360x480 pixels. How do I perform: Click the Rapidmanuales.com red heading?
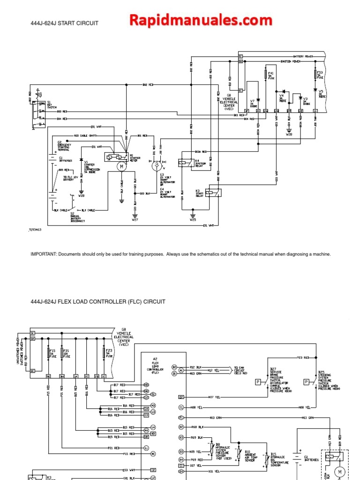coord(201,20)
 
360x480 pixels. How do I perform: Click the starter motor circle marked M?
coord(121,166)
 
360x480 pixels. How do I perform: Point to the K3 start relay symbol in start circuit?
coord(216,192)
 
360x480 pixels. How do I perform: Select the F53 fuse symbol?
coord(315,75)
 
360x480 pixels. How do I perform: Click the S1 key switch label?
coord(49,104)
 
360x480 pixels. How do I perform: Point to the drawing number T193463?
coord(35,230)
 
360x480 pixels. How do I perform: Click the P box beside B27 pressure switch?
coord(257,382)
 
